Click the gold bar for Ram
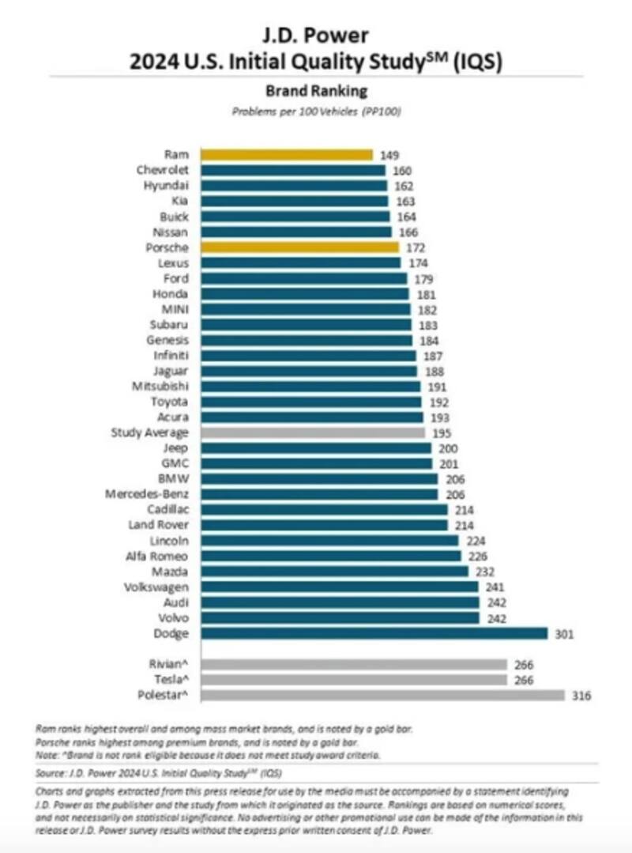286,155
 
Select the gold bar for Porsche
299,247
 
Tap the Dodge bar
374,633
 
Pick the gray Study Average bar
312,433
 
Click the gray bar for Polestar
383,696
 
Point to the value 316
581,696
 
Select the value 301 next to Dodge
562,633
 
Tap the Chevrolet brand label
163,170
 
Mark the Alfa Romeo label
159,557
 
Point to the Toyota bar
310,402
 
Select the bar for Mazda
334,572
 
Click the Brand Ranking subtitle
316,91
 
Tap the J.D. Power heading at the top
316,35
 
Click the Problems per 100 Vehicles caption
316,111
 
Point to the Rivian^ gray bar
354,665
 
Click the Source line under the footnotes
159,772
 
